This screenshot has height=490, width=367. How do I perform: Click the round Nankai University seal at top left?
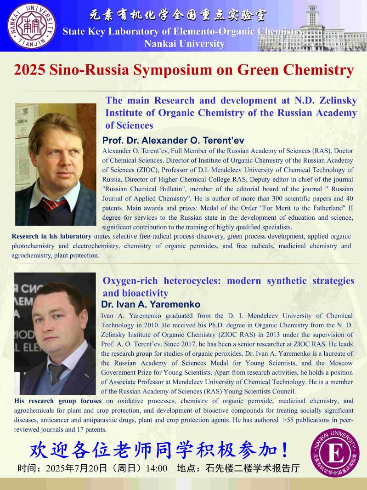pyautogui.click(x=32, y=26)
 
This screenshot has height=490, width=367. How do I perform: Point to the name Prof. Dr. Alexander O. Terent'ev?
pyautogui.click(x=173, y=141)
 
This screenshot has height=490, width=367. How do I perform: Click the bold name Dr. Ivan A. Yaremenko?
pyautogui.click(x=151, y=305)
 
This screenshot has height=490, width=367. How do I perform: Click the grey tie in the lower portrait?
pyautogui.click(x=59, y=372)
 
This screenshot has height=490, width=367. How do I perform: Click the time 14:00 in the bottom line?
pyautogui.click(x=156, y=468)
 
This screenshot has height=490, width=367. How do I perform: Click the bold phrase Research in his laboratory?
pyautogui.click(x=51, y=236)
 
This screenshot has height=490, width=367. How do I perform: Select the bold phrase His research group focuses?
pyautogui.click(x=58, y=401)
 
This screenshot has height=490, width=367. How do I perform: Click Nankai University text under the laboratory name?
pyautogui.click(x=184, y=44)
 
